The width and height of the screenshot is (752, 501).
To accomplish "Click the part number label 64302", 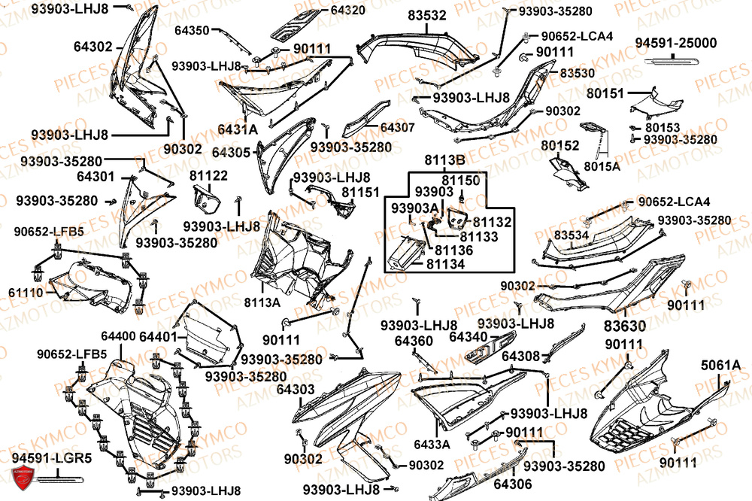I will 92,46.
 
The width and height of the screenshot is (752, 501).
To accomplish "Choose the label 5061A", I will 720,366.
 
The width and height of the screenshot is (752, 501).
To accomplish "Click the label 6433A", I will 432,444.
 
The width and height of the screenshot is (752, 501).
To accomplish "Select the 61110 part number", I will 26,292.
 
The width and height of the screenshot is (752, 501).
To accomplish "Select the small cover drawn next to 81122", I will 205,202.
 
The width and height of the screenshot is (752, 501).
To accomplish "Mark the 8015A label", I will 602,166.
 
